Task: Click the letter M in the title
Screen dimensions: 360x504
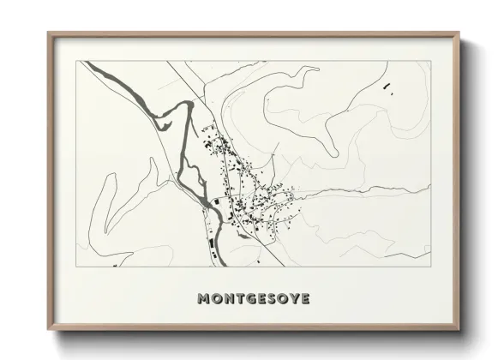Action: coord(205,300)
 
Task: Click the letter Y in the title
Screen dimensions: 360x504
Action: coord(296,300)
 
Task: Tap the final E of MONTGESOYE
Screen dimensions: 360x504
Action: coord(307,300)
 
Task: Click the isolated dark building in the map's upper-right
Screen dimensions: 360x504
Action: coord(385,84)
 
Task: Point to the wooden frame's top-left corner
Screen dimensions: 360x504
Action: coord(48,33)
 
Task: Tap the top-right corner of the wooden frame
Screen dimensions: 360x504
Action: coord(459,33)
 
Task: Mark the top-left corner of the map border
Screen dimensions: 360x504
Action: coord(81,61)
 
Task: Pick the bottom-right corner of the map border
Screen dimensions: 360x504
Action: coord(427,267)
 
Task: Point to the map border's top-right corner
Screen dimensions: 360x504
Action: coord(427,61)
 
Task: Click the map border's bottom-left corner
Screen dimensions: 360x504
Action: coord(81,267)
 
